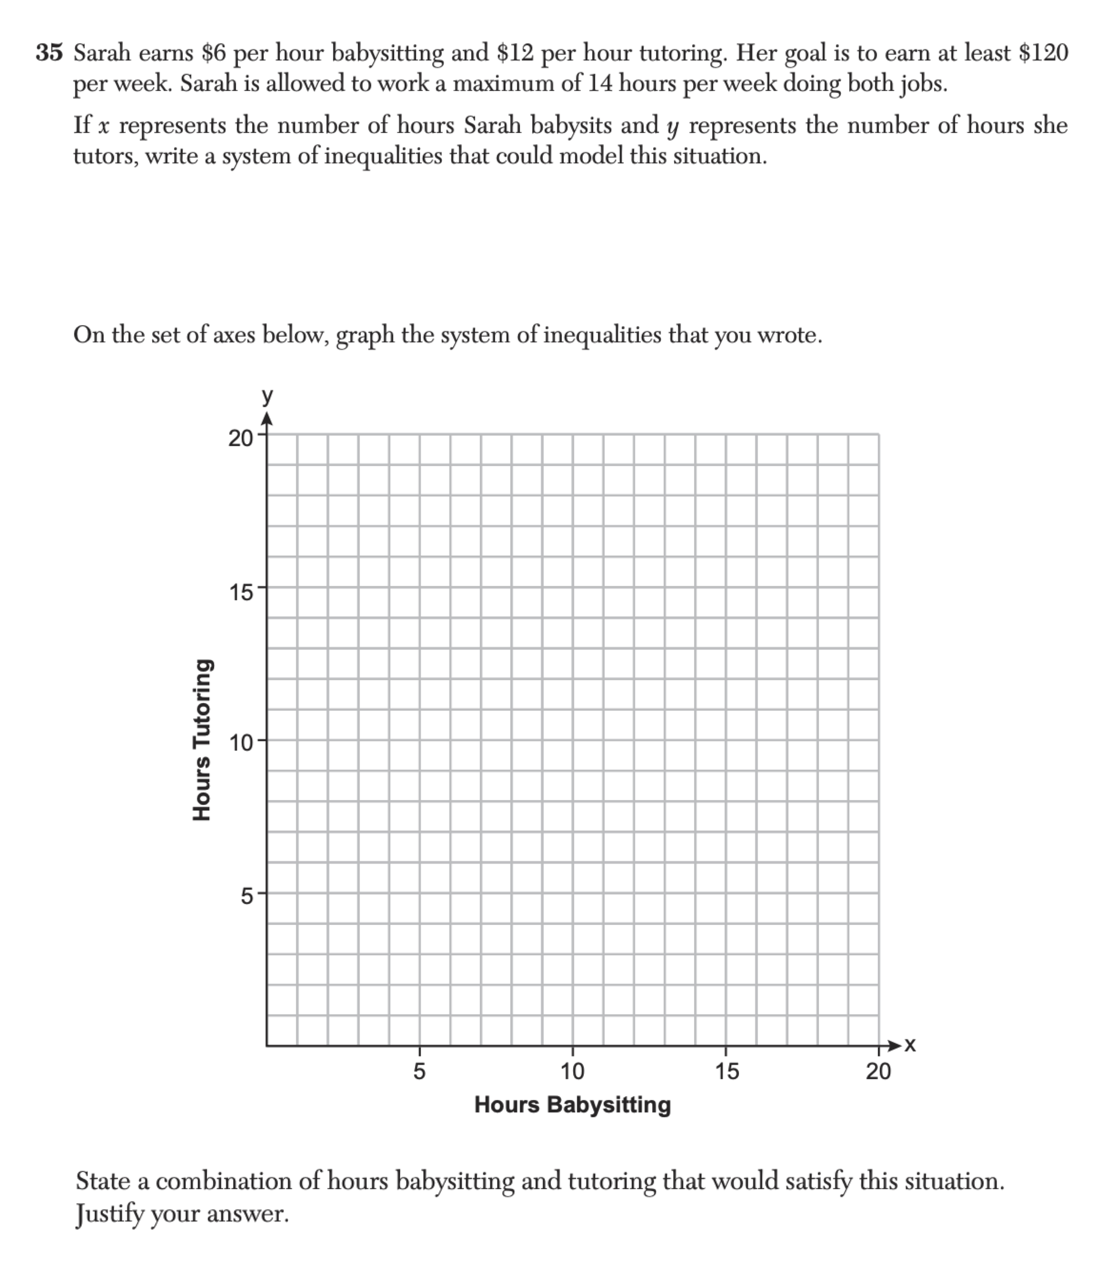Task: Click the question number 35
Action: pyautogui.click(x=49, y=53)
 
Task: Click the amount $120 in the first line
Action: pyautogui.click(x=1042, y=53)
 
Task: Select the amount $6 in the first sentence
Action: pyautogui.click(x=214, y=53)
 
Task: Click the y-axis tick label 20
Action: pyautogui.click(x=240, y=439)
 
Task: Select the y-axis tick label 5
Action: pyautogui.click(x=246, y=896)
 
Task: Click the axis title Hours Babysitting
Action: pyautogui.click(x=572, y=1104)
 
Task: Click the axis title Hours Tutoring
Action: pyautogui.click(x=203, y=740)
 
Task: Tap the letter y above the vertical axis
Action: pyautogui.click(x=266, y=396)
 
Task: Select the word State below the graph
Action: pyautogui.click(x=102, y=1181)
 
